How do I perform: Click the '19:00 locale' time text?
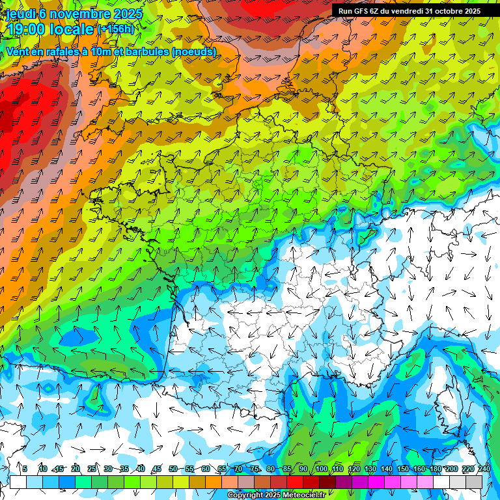coord(51,29)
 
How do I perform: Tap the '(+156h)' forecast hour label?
coord(115,29)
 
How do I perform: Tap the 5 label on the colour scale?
coord(25,469)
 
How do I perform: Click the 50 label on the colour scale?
coord(173,469)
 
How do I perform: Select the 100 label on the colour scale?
coord(321,469)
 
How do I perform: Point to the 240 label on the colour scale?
coord(484,469)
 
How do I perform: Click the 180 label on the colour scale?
coord(436,469)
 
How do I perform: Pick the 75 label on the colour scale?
coord(255,469)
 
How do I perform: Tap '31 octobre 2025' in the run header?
coord(453,11)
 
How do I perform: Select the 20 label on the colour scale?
coord(75,469)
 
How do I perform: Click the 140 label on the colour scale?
coord(387,469)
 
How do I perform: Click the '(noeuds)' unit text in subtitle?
coord(195,52)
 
